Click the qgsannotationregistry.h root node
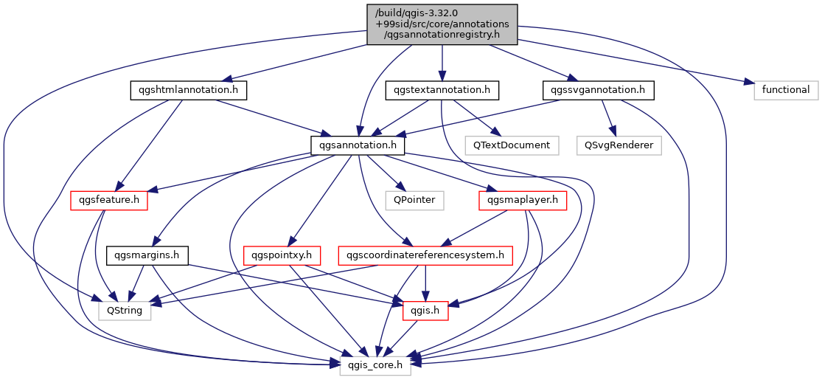[442, 24]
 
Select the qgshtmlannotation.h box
[188, 91]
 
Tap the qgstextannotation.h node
[442, 91]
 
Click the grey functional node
[786, 91]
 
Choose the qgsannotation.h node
[358, 145]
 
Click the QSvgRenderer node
[619, 145]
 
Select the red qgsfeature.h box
[109, 201]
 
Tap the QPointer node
[414, 201]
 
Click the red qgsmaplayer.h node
[523, 201]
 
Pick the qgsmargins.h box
[147, 255]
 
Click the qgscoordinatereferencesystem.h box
[425, 255]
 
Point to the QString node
[125, 311]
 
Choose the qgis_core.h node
[375, 365]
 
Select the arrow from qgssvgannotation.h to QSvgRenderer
[609, 118]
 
